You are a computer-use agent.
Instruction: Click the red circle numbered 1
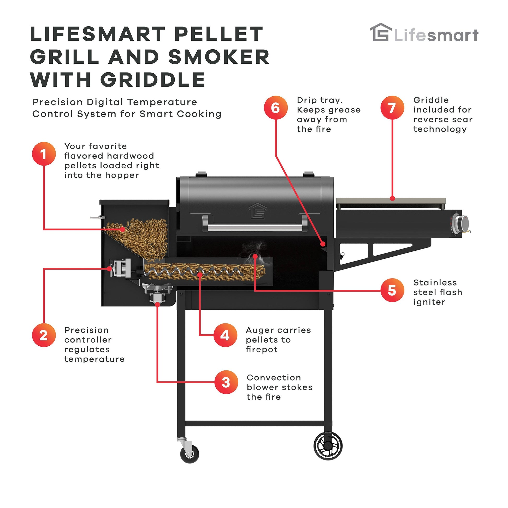tap(44, 154)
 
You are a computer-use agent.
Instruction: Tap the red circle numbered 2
tap(44, 335)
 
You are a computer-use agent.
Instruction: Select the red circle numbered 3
tap(226, 382)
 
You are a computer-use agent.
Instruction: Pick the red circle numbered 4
tap(225, 335)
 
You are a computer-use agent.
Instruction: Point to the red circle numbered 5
tap(392, 290)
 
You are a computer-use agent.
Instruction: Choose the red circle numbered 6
tap(276, 108)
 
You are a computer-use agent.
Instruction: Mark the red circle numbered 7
tap(392, 108)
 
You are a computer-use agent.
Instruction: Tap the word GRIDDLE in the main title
tap(153, 80)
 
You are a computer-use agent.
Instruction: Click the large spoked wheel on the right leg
tap(328, 445)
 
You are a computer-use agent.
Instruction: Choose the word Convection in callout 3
tap(274, 377)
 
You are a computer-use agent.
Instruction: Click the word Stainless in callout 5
tap(435, 282)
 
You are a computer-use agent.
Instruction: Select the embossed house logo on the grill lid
tap(257, 211)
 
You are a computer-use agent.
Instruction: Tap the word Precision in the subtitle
tap(58, 102)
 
